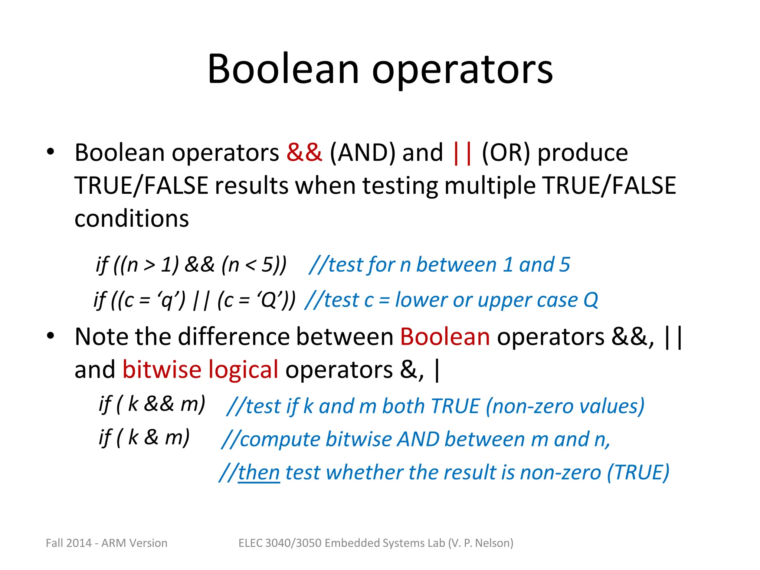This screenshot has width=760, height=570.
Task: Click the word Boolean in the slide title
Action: click(x=283, y=69)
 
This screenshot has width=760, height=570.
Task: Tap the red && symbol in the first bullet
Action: click(x=304, y=152)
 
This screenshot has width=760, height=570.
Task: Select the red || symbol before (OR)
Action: click(x=462, y=153)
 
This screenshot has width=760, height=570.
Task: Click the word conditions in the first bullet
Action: click(x=132, y=218)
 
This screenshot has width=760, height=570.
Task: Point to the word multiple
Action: click(x=490, y=186)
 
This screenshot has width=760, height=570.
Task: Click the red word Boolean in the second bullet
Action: click(x=445, y=337)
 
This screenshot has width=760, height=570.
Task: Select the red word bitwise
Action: click(x=162, y=370)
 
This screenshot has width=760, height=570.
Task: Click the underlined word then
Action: click(x=259, y=473)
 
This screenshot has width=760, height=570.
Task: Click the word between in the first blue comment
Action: click(x=456, y=265)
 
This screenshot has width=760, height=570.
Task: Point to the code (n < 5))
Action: click(x=254, y=265)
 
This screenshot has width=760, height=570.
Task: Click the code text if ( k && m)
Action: click(x=152, y=404)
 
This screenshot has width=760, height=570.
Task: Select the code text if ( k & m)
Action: click(x=144, y=438)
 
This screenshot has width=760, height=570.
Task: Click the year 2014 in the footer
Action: click(x=79, y=543)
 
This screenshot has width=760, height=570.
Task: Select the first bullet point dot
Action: click(x=50, y=151)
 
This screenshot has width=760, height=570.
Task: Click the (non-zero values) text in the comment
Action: click(x=565, y=406)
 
